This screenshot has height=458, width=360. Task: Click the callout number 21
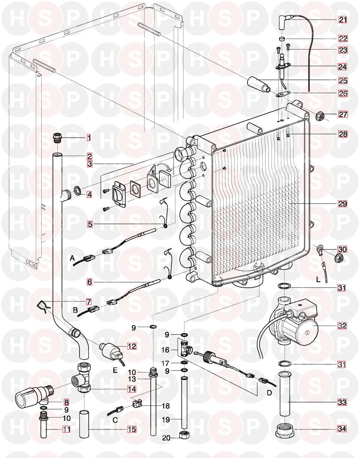point(343,20)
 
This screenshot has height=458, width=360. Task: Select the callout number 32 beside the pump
point(342,326)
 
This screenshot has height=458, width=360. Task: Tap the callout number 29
point(343,204)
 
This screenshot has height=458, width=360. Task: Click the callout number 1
point(89,138)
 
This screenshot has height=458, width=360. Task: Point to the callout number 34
point(343,429)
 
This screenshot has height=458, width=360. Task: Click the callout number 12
point(132,346)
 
